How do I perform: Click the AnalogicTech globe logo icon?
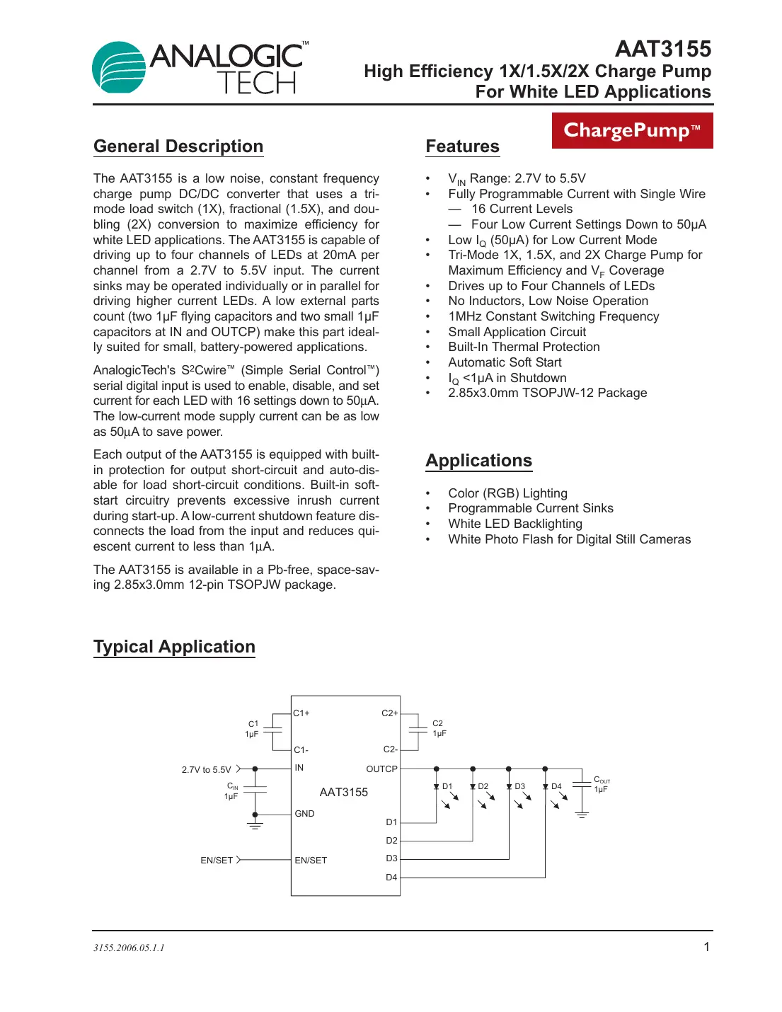(119, 68)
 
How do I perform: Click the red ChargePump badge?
(632, 130)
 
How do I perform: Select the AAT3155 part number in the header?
(663, 49)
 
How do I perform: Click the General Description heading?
(178, 146)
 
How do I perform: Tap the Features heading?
(462, 146)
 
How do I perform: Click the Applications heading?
(478, 461)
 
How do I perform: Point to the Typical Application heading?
(174, 647)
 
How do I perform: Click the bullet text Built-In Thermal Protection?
(524, 347)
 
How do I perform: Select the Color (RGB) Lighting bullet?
(507, 493)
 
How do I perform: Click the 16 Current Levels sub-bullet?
(522, 209)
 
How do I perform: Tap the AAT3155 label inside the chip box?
(343, 793)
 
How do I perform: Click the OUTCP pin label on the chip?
(381, 769)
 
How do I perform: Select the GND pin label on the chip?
(304, 814)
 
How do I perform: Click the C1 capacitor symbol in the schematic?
(272, 730)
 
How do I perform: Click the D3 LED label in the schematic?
(520, 787)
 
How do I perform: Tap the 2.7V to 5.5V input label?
(206, 770)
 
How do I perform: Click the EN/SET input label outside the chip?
(216, 861)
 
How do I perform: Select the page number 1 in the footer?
(706, 948)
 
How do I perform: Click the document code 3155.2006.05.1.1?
(129, 948)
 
